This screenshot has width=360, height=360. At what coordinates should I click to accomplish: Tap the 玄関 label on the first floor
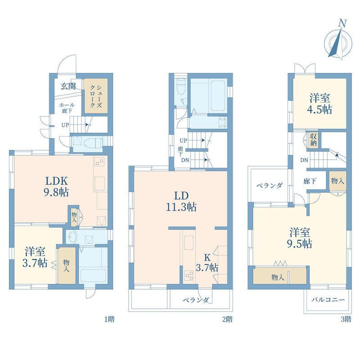point(68,86)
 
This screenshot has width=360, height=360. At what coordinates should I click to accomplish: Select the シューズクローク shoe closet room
point(96,96)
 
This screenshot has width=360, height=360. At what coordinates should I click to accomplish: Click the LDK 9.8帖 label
point(56,186)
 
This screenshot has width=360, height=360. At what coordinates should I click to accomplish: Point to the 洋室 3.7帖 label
point(35,257)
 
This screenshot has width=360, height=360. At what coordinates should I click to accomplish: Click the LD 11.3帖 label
point(181,201)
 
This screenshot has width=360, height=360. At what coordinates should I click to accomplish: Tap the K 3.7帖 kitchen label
point(207,263)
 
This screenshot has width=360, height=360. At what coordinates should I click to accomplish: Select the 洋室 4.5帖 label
point(319,104)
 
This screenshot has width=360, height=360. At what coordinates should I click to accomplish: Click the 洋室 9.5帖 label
point(300,238)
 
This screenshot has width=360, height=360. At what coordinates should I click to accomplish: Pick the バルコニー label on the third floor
point(328,300)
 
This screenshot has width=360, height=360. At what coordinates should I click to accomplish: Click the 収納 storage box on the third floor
point(313,140)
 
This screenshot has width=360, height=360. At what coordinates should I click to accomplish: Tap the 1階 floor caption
point(109,319)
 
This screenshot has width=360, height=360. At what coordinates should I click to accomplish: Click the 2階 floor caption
point(227,319)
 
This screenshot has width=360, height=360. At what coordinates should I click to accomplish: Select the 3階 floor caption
point(346,319)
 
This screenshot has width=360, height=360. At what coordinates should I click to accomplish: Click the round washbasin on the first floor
point(73,237)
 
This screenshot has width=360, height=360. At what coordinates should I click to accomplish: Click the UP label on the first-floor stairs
point(65,125)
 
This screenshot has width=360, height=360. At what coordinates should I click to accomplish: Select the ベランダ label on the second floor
point(196,300)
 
